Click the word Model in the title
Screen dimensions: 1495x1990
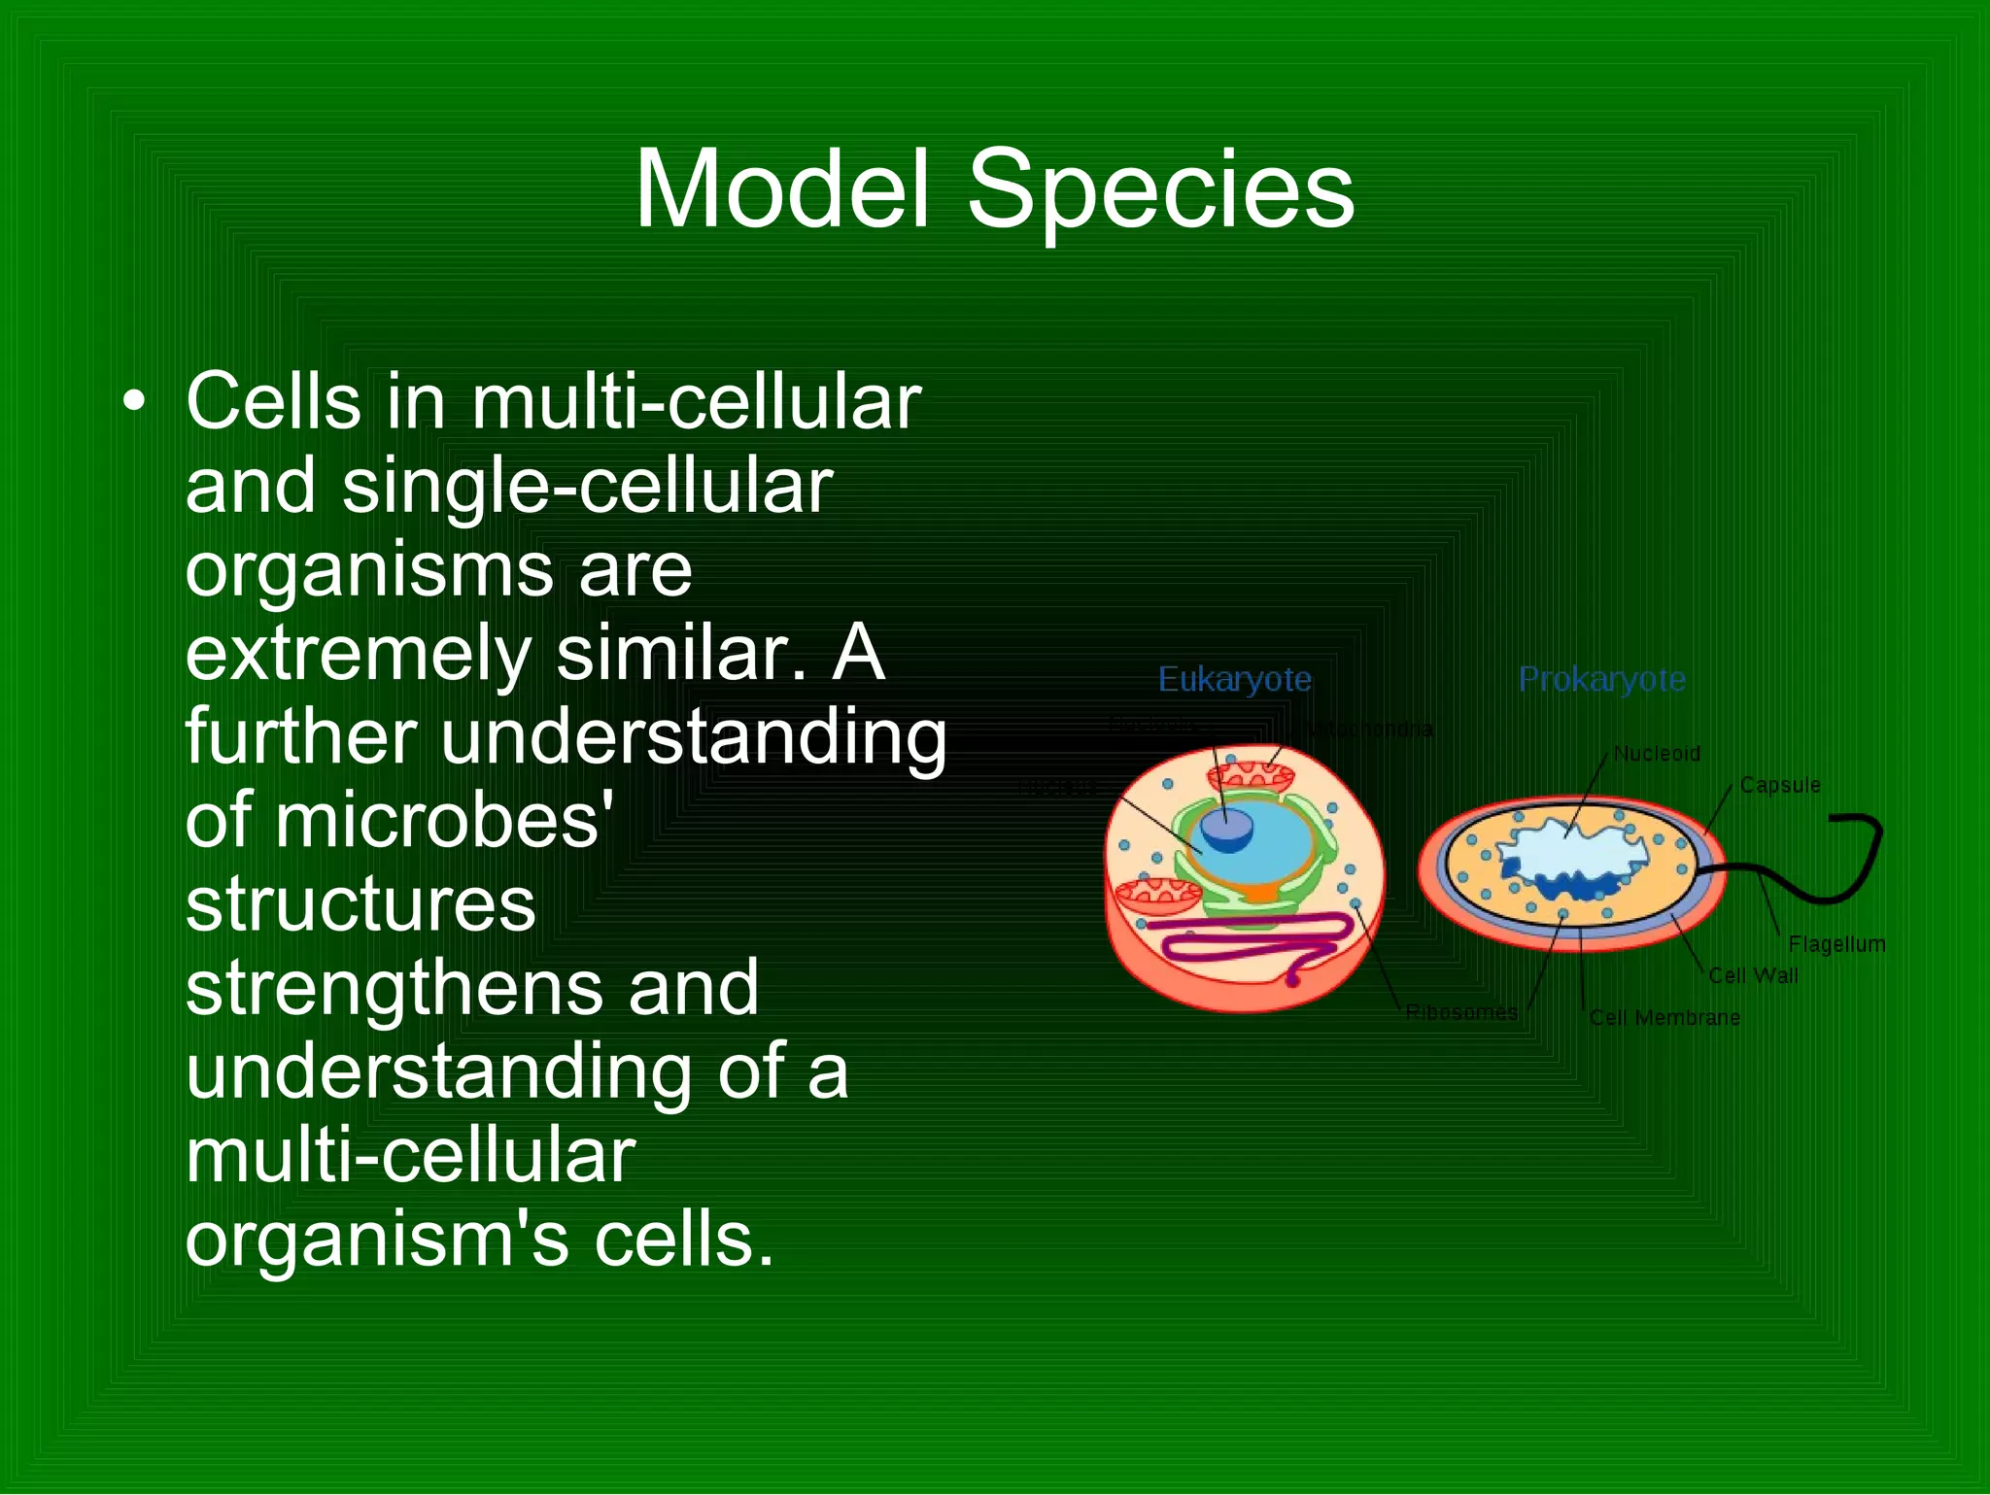[x=783, y=190]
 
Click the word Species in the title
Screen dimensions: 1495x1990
[x=1160, y=190]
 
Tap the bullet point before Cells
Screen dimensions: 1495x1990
[x=135, y=400]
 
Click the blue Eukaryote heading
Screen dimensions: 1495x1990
[x=1234, y=679]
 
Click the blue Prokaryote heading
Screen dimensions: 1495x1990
[x=1601, y=679]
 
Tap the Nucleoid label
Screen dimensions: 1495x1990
[x=1657, y=754]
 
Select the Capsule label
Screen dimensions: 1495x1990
[x=1780, y=785]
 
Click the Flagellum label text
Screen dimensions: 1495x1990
[x=1836, y=944]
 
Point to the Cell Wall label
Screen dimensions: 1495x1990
[x=1753, y=975]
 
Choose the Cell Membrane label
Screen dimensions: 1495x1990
[x=1664, y=1018]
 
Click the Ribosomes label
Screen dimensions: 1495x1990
[x=1461, y=1012]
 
